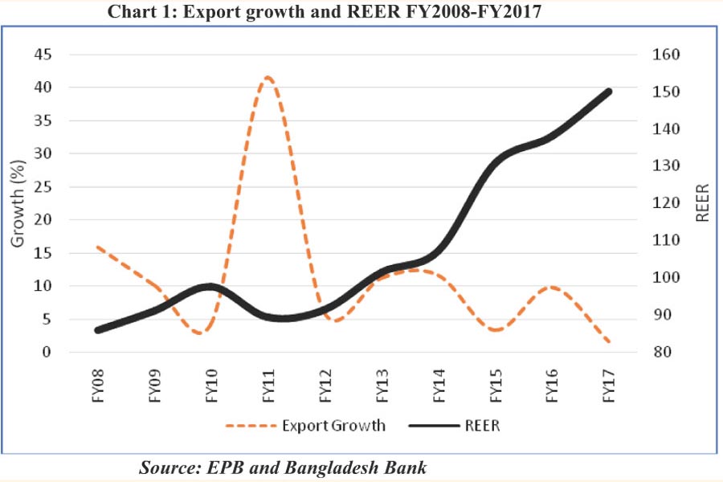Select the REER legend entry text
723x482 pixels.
point(482,426)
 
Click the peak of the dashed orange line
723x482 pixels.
point(268,78)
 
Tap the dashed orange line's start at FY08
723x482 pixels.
point(97,247)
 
